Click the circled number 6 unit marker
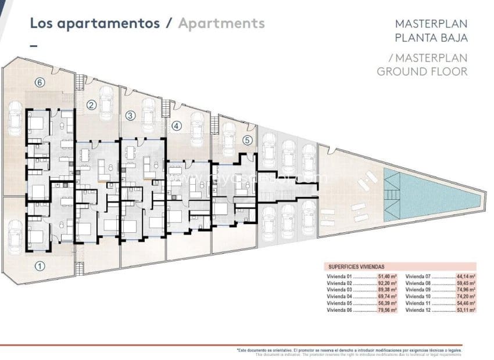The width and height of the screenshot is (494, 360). pos(40,82)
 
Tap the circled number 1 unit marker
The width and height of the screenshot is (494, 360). pos(40,267)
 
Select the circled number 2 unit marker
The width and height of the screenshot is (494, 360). pos(91,105)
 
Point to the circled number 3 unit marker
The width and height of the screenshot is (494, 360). pos(130,116)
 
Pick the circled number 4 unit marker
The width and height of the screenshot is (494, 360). pos(177,125)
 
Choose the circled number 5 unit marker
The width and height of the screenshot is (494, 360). pos(247,140)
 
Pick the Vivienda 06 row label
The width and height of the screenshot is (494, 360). pos(340,311)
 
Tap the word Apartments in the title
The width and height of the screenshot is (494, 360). pos(221,23)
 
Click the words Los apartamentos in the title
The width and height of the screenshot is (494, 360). pos(94,23)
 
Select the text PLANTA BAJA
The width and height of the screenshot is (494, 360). pos(431,38)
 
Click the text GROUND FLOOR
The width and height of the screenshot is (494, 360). pos(422,71)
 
